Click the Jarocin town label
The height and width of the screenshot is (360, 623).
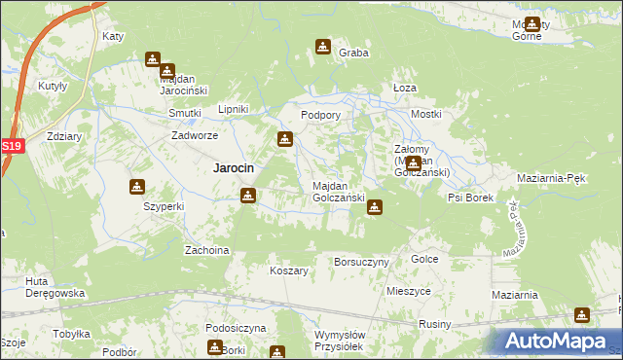pyautogui.click(x=234, y=167)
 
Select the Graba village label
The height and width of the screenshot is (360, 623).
pyautogui.click(x=353, y=54)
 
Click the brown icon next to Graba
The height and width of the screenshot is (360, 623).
pyautogui.click(x=323, y=46)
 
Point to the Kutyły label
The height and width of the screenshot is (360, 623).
pyautogui.click(x=52, y=86)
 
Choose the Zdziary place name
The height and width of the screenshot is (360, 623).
pyautogui.click(x=63, y=137)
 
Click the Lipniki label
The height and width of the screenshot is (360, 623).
pyautogui.click(x=234, y=109)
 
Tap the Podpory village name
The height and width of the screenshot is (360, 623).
pyautogui.click(x=320, y=115)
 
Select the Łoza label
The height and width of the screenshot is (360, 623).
pyautogui.click(x=404, y=88)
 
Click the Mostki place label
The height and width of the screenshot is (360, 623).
pyautogui.click(x=425, y=115)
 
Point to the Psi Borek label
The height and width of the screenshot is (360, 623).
pyautogui.click(x=470, y=198)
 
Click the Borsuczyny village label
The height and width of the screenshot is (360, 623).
pyautogui.click(x=361, y=263)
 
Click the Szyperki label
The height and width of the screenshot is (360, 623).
pyautogui.click(x=163, y=207)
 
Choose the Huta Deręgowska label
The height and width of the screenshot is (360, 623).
pyautogui.click(x=55, y=287)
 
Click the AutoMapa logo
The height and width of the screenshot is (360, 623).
pyautogui.click(x=558, y=340)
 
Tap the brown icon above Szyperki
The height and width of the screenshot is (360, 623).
pyautogui.click(x=137, y=187)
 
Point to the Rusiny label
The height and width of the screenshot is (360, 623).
pyautogui.click(x=434, y=324)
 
